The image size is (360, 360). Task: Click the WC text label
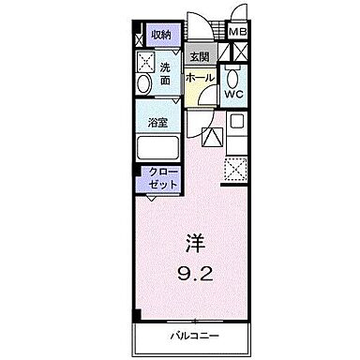point(235,95)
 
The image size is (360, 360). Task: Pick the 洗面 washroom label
point(165,75)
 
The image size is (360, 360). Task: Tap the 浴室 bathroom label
point(157,122)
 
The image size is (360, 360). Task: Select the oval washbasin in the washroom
point(142,85)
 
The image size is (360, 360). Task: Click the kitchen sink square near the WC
point(237,121)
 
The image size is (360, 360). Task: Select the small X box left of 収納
point(138,34)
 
